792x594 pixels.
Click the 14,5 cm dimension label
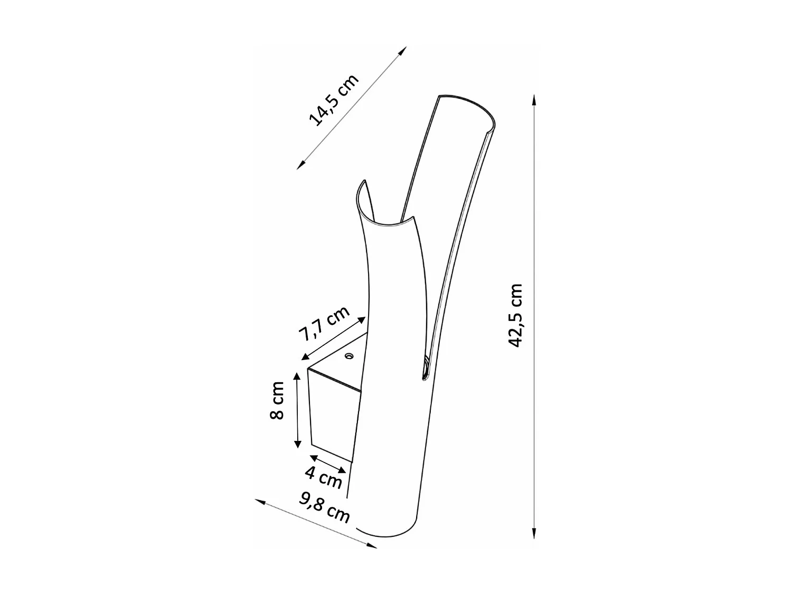coord(334,101)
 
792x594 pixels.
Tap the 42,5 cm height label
coord(515,315)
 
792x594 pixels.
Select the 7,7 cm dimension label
coord(324,324)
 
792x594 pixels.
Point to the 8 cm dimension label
coord(277,400)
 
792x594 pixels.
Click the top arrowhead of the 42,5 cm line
coord(534,100)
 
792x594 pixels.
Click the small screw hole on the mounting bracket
coord(348,356)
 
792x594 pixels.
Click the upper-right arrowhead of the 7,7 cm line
coord(362,319)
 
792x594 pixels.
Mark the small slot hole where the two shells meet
coord(425,368)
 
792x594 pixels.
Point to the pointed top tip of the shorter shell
coord(363,182)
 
